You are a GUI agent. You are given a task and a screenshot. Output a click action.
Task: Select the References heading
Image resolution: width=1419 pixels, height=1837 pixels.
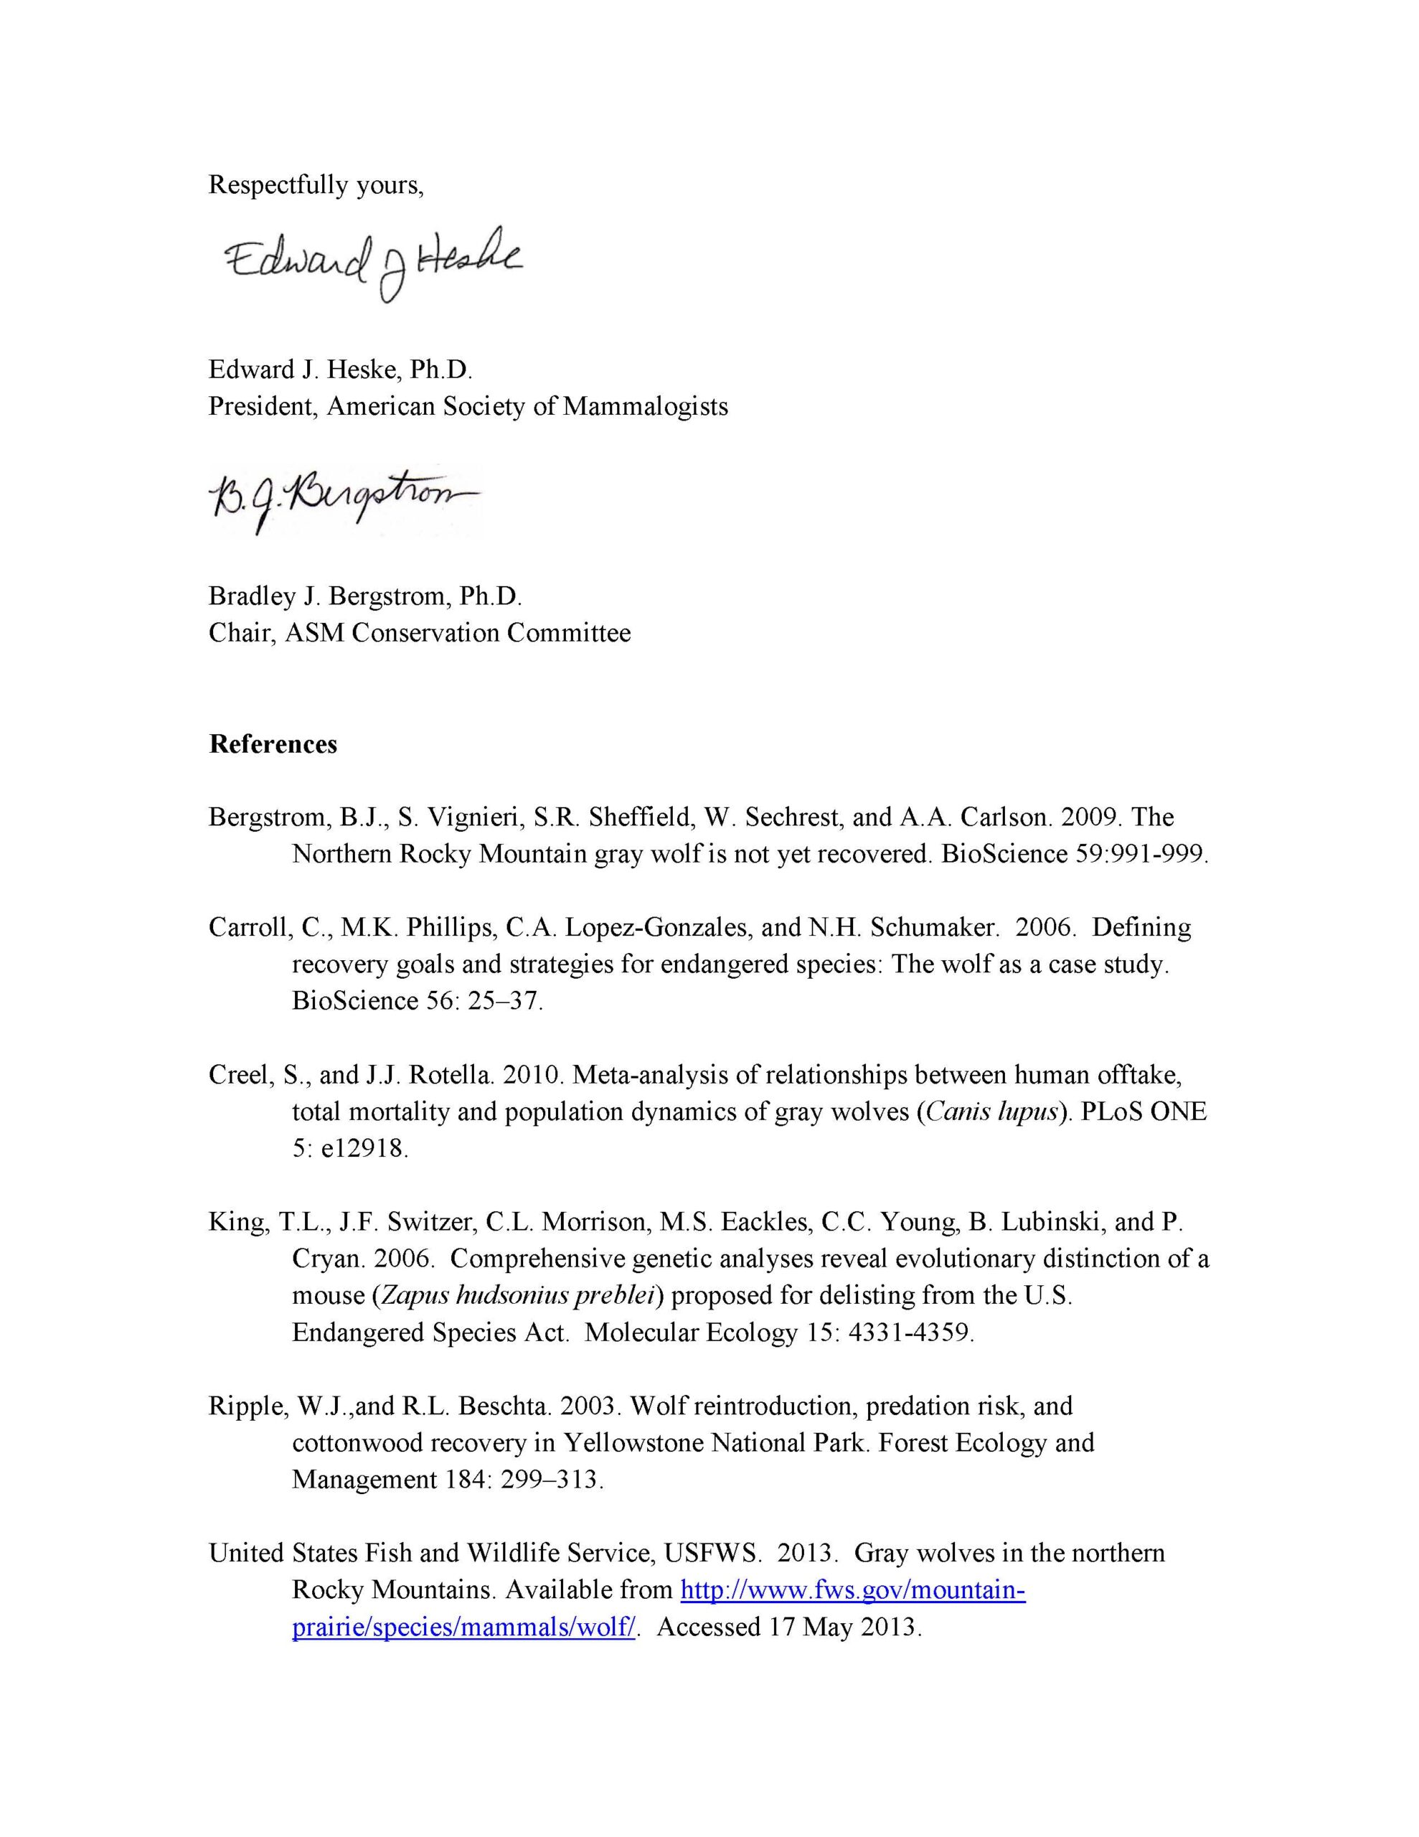[273, 744]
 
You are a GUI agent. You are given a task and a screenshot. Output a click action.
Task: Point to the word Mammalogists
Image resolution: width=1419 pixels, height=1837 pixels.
[645, 406]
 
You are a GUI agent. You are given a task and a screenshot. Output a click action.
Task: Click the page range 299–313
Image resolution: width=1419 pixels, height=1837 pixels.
[551, 1480]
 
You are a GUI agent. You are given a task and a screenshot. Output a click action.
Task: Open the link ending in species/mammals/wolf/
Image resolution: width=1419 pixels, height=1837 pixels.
[463, 1627]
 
